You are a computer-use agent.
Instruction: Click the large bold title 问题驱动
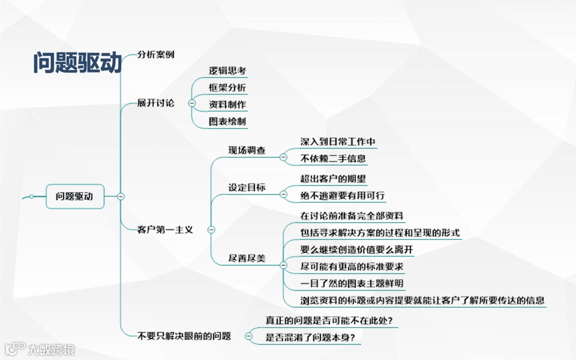[x=78, y=62]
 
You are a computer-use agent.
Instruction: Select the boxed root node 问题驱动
[x=75, y=196]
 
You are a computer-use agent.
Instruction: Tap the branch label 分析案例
[x=156, y=54]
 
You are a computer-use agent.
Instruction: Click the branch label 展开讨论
[x=156, y=103]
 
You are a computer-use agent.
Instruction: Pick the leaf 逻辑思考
[x=227, y=70]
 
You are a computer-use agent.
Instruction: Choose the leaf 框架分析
[x=227, y=87]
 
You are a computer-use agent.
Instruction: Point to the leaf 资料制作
[x=227, y=105]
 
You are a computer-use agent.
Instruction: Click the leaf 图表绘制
[x=227, y=122]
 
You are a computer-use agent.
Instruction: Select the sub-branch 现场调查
[x=247, y=150]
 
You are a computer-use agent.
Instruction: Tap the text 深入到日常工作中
[x=338, y=142]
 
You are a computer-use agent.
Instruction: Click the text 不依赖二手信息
[x=333, y=158]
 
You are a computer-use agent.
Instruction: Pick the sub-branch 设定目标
[x=247, y=187]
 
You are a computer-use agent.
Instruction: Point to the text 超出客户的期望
[x=333, y=179]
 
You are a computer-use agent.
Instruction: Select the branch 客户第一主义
[x=165, y=230]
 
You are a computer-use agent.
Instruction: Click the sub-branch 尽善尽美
[x=247, y=259]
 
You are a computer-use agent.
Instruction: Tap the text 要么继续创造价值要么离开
[x=357, y=249]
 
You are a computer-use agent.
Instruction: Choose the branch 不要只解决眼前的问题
[x=184, y=336]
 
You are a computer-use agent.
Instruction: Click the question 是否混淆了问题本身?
[x=310, y=337]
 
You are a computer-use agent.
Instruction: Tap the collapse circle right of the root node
[x=121, y=196]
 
